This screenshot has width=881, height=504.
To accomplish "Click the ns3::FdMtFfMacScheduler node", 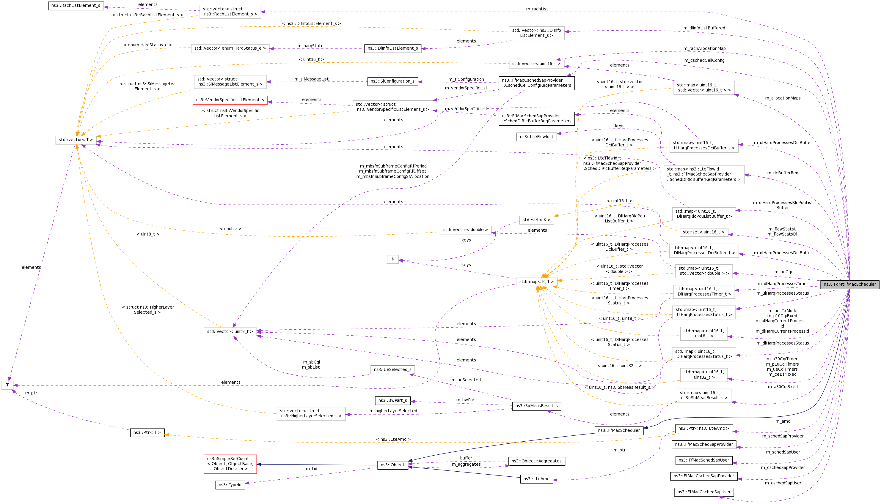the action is pos(849,284).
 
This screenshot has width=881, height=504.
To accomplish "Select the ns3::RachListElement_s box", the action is pos(76,6).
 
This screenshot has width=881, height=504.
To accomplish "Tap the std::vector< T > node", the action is pos(76,140).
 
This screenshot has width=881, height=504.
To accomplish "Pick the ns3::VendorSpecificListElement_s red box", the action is pos(230,100).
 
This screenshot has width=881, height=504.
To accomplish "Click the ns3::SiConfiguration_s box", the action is pos(392,81).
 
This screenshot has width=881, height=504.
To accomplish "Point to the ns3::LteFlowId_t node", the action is pos(536,137).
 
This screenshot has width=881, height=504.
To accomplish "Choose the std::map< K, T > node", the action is pos(536,282).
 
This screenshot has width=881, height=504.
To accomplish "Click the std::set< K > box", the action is pos(536,220).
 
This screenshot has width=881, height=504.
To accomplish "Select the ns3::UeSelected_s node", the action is pos(392,370).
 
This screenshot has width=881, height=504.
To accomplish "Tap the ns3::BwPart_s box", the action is pos(392,401).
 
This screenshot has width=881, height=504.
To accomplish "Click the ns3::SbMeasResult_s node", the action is pos(536,406).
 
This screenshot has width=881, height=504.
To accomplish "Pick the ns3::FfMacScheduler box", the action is pos(619,431).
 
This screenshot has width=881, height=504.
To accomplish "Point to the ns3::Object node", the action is pos(392,465).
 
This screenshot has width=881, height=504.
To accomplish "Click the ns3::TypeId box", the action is pos(230,485).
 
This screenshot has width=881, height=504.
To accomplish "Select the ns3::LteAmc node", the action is pos(536,479).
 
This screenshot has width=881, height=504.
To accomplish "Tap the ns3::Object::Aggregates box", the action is pos(536,461).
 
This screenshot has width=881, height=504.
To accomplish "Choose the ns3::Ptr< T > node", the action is pos(147,433).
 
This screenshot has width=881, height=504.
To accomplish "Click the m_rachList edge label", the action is pos(537,9).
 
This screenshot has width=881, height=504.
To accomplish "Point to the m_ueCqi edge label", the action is pos(783,272).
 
